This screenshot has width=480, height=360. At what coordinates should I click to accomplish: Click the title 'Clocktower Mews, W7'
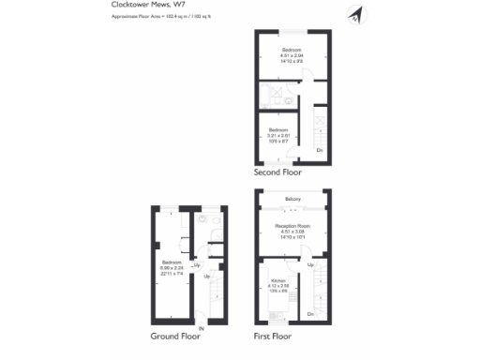pos(127,6)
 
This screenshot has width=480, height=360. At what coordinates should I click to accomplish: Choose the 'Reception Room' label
pos(292,226)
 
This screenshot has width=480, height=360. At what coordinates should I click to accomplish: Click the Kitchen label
pos(277,280)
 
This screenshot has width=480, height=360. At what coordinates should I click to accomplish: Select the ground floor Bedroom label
pos(171,262)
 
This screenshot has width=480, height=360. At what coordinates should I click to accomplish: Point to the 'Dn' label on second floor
pos(320,150)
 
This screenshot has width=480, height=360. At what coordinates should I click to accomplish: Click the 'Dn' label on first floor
pos(311,313)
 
